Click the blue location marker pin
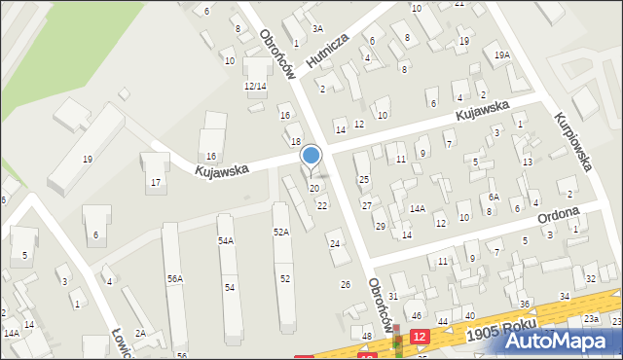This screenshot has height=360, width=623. click(x=311, y=157)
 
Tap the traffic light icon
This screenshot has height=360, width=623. click(x=396, y=343)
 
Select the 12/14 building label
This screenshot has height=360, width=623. click(x=255, y=87)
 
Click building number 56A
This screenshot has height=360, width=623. click(x=175, y=278)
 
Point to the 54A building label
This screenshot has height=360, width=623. click(x=226, y=240)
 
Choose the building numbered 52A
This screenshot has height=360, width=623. click(x=281, y=232)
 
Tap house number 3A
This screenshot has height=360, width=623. click(x=317, y=29)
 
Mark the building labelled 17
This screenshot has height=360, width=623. click(x=155, y=183)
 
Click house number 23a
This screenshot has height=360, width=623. click(x=591, y=319)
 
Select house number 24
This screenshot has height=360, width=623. click(x=335, y=243)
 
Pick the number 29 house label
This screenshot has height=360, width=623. click(x=381, y=226)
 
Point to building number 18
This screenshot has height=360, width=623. click(x=296, y=142)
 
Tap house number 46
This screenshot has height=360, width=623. click(x=416, y=316)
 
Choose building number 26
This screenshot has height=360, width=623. click(x=345, y=284)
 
